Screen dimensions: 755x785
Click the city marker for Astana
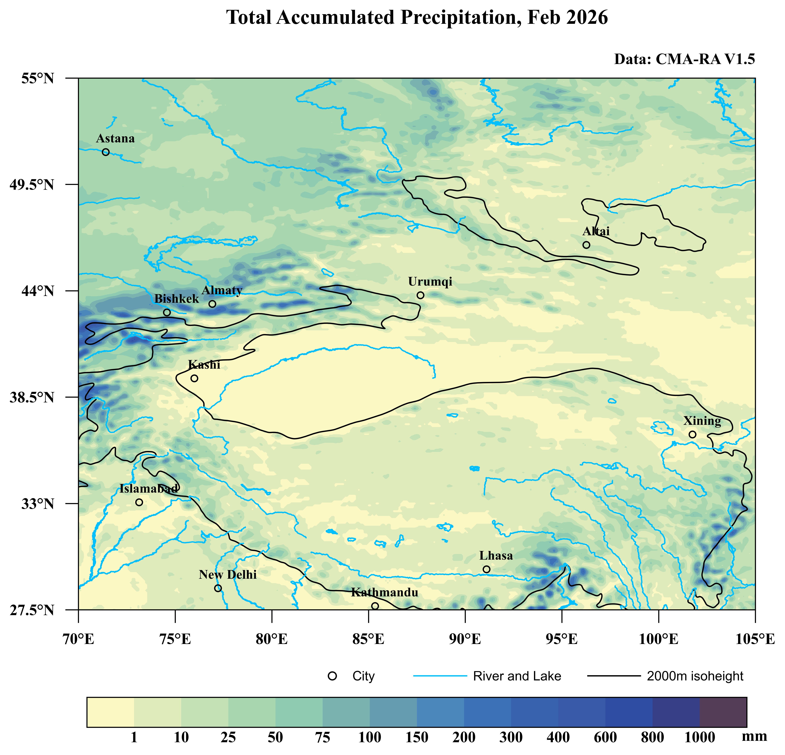[106, 152]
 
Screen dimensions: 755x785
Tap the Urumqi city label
[430, 282]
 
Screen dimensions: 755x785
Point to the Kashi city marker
[194, 378]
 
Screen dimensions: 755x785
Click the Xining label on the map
[702, 421]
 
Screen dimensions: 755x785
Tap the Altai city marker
[586, 245]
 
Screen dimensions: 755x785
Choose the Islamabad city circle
[139, 502]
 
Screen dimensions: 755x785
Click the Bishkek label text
[177, 299]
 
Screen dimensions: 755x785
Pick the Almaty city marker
[212, 304]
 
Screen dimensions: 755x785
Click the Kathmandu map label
[384, 592]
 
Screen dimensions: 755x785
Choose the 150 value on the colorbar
[417, 737]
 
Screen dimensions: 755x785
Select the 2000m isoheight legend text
[695, 676]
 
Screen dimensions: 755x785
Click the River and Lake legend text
[517, 676]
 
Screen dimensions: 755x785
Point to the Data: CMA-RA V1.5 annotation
[685, 59]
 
